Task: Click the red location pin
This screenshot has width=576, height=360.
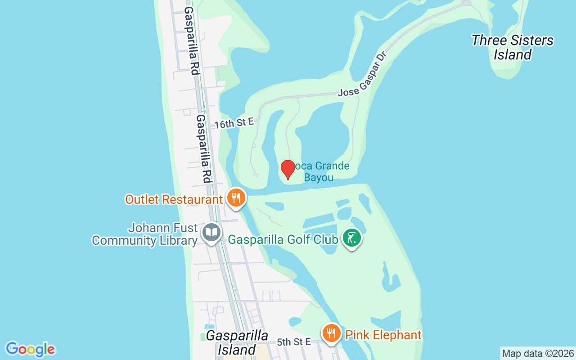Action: tap(288, 169)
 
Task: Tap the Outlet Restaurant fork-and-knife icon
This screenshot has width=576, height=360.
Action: tap(235, 198)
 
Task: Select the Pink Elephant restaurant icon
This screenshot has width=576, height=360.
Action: tap(332, 333)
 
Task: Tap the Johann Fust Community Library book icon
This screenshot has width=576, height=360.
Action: tap(211, 233)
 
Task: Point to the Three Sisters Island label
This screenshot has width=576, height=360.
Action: tap(513, 47)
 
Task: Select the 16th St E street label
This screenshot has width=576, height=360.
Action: tap(234, 123)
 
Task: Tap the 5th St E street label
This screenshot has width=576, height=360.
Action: tap(294, 342)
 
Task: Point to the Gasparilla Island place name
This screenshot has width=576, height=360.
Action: tap(237, 342)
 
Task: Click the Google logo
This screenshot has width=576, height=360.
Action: tap(30, 349)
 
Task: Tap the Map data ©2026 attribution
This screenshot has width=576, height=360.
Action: tap(538, 353)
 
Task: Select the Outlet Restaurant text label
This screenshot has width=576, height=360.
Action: tap(174, 199)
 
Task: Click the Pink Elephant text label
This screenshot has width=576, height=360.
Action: tap(383, 335)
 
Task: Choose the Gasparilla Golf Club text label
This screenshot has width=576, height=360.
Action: tap(283, 239)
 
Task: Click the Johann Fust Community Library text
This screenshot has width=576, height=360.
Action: tap(144, 234)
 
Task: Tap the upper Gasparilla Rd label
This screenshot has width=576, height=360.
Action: tap(191, 40)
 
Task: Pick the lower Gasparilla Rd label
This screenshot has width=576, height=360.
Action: tap(204, 148)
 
